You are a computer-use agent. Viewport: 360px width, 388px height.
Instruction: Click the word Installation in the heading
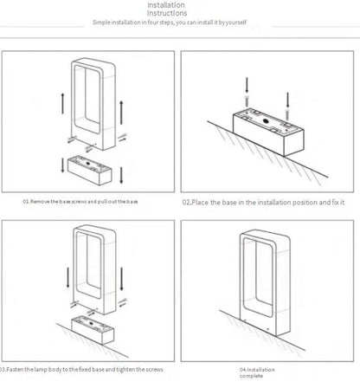[x=166, y=5]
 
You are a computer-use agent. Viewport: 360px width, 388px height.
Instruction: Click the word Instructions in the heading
[x=167, y=13]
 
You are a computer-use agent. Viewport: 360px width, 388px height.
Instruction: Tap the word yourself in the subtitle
[x=236, y=23]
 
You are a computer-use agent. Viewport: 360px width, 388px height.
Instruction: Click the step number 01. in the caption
[x=26, y=202]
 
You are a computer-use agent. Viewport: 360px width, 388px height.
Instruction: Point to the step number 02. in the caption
[x=187, y=203]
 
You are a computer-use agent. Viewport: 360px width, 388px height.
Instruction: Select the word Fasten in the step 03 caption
[x=16, y=370]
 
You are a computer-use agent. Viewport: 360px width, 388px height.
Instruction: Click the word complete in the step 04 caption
[x=251, y=376]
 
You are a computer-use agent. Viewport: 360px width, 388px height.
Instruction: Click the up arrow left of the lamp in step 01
[x=63, y=103]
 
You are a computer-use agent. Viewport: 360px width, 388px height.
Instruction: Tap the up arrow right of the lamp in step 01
[x=121, y=113]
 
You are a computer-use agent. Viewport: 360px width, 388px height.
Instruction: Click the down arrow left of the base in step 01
[x=63, y=165]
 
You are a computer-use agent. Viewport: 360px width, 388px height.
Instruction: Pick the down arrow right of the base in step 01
[x=121, y=175]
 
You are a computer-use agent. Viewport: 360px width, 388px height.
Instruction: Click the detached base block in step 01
[x=89, y=170]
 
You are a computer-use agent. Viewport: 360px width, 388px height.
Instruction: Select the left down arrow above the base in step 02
[x=247, y=85]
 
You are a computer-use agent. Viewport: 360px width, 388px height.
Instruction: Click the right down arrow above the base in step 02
[x=287, y=100]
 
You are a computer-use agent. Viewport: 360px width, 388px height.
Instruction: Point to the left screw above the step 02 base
[x=247, y=100]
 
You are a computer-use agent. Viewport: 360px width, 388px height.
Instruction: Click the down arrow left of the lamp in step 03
[x=68, y=277]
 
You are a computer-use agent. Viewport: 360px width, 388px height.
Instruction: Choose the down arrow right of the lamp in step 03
[x=121, y=279]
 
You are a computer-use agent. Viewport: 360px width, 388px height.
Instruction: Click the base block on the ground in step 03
[x=93, y=330]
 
